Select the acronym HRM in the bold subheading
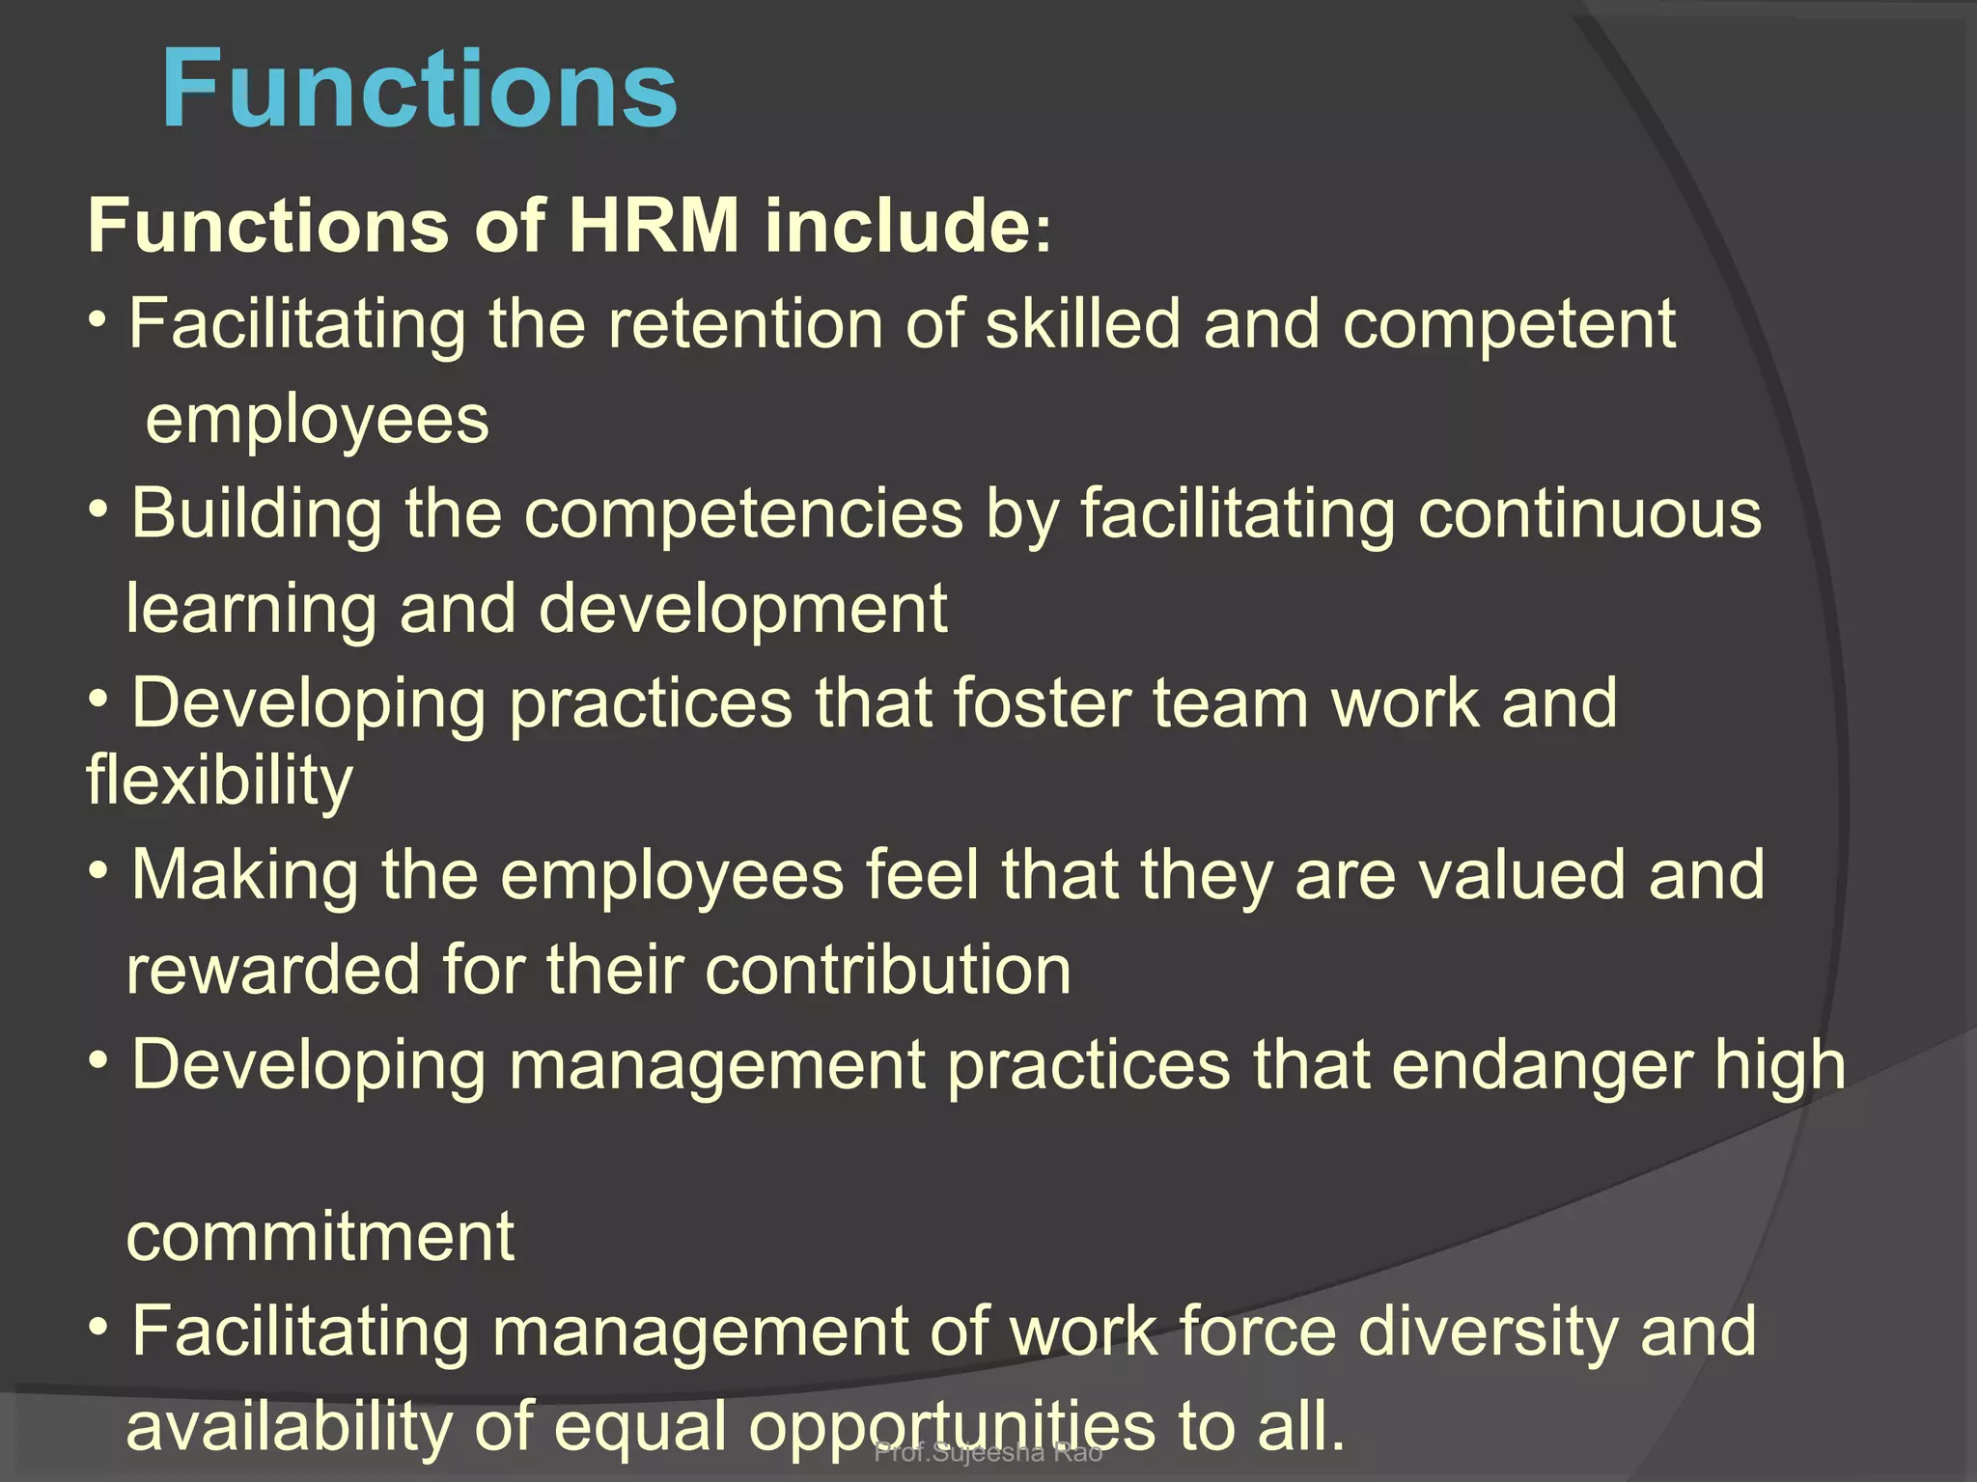[654, 226]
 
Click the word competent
[1509, 325]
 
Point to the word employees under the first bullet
[318, 422]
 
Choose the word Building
[257, 514]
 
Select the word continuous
[1589, 514]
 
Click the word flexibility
[219, 781]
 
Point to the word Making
[244, 876]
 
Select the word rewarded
[273, 970]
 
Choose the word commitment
[320, 1237]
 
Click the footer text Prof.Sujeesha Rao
[988, 1452]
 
